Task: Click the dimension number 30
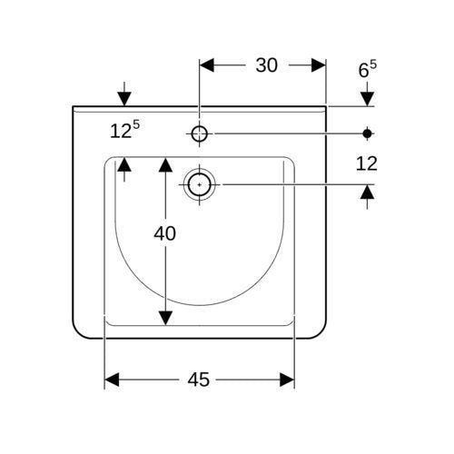[x=266, y=65]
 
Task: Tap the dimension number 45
[x=198, y=380]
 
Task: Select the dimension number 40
[x=164, y=233]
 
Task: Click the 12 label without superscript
[x=367, y=163]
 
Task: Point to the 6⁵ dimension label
[x=368, y=69]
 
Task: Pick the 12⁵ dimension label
[x=124, y=129]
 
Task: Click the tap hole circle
[x=199, y=133]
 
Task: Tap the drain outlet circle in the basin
[x=199, y=184]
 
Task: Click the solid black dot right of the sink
[x=367, y=133]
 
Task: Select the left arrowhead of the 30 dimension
[x=207, y=65]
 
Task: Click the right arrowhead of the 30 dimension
[x=319, y=65]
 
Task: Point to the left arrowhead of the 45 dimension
[x=112, y=380]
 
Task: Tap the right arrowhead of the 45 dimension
[x=287, y=380]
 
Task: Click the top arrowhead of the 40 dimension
[x=165, y=164]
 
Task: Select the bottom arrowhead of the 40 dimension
[x=165, y=318]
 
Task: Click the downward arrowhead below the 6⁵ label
[x=367, y=99]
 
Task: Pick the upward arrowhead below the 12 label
[x=367, y=192]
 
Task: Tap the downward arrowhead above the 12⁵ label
[x=124, y=99]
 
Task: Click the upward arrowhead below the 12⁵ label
[x=124, y=164]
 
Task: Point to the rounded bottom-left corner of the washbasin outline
[x=78, y=332]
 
